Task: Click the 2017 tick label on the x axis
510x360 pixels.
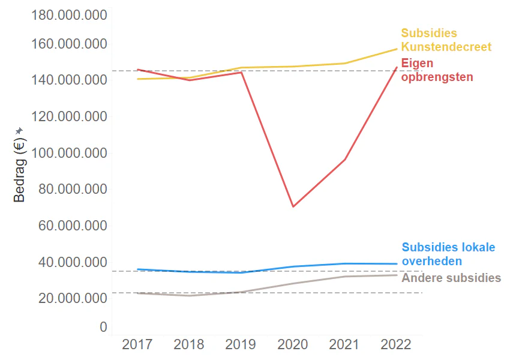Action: coord(137,344)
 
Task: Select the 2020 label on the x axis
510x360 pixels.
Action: coord(293,344)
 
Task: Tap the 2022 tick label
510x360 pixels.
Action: coord(397,344)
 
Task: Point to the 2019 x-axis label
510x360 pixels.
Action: coord(241,344)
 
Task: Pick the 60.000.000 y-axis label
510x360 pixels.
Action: coord(70,226)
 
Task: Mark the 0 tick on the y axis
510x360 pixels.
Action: coord(103,327)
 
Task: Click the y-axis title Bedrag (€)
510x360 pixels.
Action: coord(19,170)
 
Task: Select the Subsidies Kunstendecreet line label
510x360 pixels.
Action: coord(446,40)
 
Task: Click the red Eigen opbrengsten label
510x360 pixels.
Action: coord(437,70)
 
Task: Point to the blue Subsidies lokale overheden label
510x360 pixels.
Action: coord(448,254)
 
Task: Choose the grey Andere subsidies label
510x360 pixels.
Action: coord(451,278)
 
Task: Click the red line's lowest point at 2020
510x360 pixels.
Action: coord(293,206)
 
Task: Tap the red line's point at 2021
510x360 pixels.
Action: coord(345,159)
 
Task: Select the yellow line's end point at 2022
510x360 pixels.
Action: coord(397,49)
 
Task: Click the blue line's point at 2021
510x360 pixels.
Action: coord(345,263)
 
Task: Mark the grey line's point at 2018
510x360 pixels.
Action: coord(189,296)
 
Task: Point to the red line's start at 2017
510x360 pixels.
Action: coord(137,70)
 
